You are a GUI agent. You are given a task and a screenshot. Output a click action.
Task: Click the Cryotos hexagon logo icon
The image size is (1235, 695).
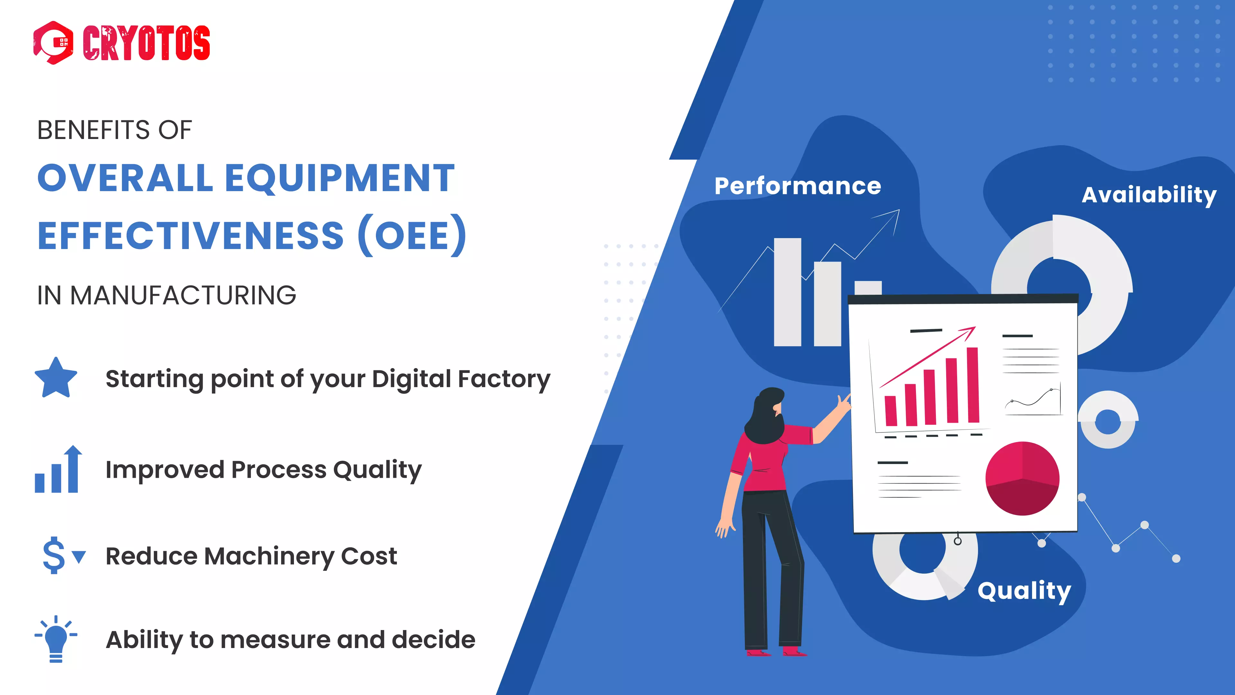tap(53, 43)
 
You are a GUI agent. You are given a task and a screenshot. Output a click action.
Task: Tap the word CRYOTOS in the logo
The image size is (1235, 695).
tap(146, 43)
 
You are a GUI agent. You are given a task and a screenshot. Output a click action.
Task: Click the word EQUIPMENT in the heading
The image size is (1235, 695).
tap(339, 178)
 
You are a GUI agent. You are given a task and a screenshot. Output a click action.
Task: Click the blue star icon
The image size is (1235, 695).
tap(56, 378)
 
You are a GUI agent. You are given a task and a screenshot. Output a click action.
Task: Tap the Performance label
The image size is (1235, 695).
tap(798, 186)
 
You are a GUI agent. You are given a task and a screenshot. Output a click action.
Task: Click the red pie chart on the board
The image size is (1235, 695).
tap(1022, 478)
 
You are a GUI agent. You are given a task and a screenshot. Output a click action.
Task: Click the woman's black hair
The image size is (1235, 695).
tap(765, 417)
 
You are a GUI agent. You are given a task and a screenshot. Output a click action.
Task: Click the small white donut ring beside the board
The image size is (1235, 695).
tap(1107, 420)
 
